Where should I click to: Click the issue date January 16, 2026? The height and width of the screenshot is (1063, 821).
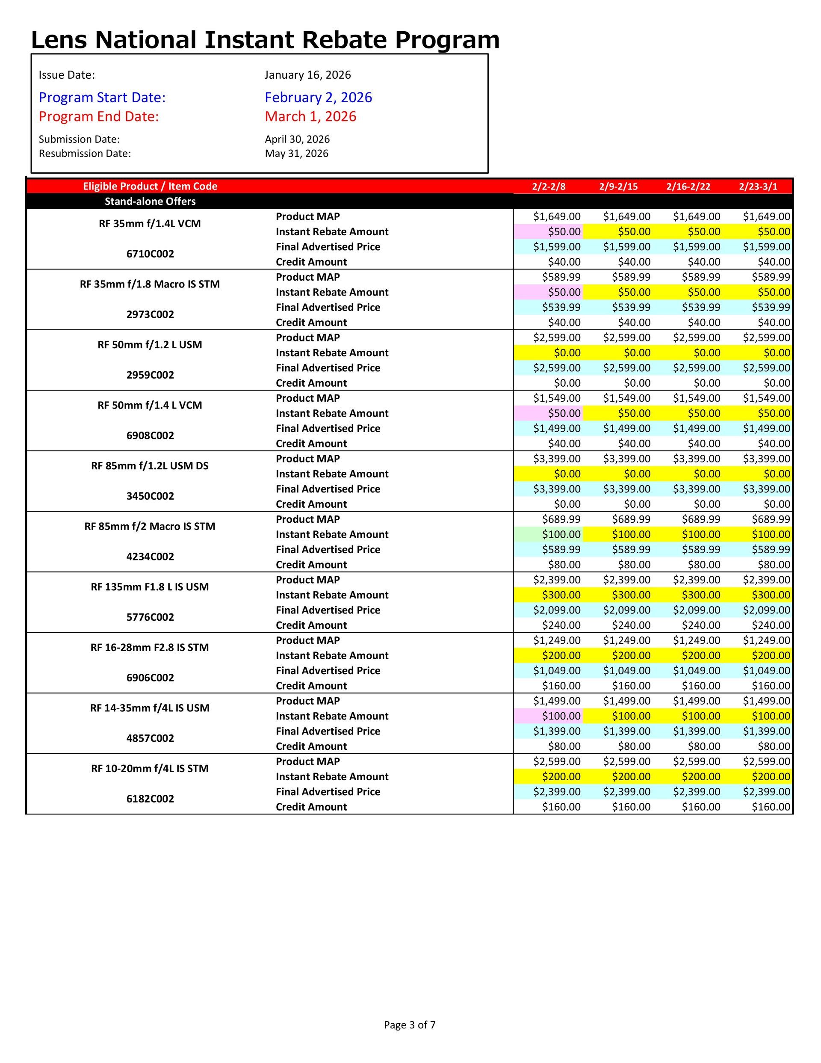click(x=307, y=75)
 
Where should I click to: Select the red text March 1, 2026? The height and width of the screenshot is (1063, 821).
click(x=310, y=116)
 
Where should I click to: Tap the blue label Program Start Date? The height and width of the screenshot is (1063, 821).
click(x=102, y=98)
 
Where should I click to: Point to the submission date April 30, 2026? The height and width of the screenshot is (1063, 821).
click(x=297, y=139)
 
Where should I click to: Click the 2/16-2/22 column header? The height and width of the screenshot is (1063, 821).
click(x=688, y=187)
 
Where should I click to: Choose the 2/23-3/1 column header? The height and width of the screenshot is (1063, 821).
click(x=758, y=187)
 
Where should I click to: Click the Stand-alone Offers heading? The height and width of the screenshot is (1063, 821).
click(x=150, y=201)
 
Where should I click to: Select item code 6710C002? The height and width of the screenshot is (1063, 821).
click(x=150, y=254)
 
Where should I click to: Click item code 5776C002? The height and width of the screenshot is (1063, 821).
click(x=150, y=617)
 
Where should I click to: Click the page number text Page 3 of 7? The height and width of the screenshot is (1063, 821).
click(x=409, y=1025)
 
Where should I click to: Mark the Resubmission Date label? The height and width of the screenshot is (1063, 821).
click(x=85, y=154)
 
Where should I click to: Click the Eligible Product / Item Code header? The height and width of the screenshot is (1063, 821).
click(x=150, y=187)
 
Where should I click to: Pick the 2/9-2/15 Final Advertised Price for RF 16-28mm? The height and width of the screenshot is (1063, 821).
click(x=626, y=671)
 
